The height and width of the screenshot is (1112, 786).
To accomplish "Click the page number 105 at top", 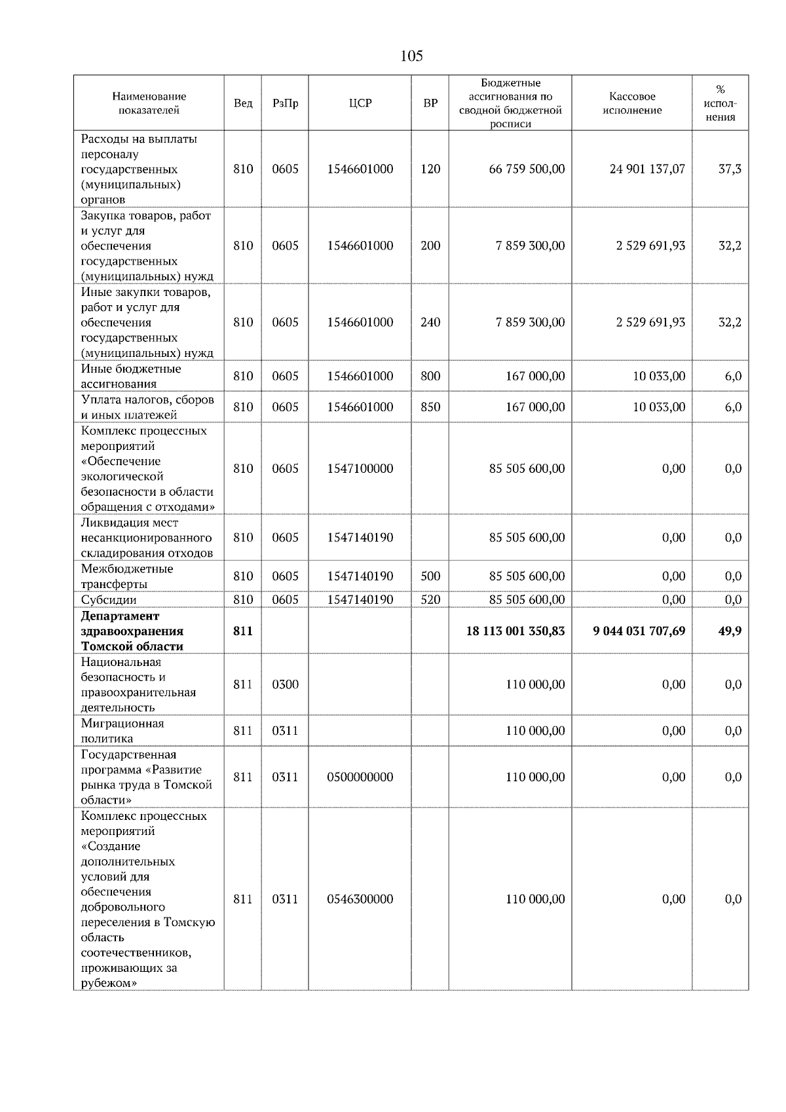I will coord(411,56).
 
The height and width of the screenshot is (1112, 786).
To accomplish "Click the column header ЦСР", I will coord(360,103).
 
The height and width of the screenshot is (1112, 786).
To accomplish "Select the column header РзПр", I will coord(285,103).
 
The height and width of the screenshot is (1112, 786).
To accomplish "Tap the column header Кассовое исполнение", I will coord(631,103).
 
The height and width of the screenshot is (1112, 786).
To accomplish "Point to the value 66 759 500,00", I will coord(527,169).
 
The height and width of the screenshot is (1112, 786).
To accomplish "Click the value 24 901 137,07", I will coord(646,169).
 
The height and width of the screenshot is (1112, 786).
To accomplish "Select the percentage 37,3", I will coord(730,169).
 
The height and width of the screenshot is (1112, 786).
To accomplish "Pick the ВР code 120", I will coord(430,169).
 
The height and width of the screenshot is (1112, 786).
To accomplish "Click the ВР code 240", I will coord(430,322).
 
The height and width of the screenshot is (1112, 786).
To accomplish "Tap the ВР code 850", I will coord(430,407).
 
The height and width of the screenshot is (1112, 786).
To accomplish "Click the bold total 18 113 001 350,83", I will coord(515,631).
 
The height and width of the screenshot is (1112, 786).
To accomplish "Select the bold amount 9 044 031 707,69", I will coord(639,631).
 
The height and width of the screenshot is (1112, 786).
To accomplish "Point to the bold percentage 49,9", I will coord(730,631).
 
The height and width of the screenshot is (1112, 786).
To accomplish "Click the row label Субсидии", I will coord(109,600).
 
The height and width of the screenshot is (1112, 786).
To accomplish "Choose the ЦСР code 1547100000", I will coord(360,469).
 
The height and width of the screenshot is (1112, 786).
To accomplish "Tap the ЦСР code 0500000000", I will coord(360,777).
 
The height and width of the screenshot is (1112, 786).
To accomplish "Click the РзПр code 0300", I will coord(285,684).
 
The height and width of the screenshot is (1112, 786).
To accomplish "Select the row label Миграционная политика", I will coord(122,731).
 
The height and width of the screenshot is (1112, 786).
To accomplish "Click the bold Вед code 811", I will coord(242,631).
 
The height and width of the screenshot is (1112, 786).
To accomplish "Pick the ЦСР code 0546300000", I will coord(360,899).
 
